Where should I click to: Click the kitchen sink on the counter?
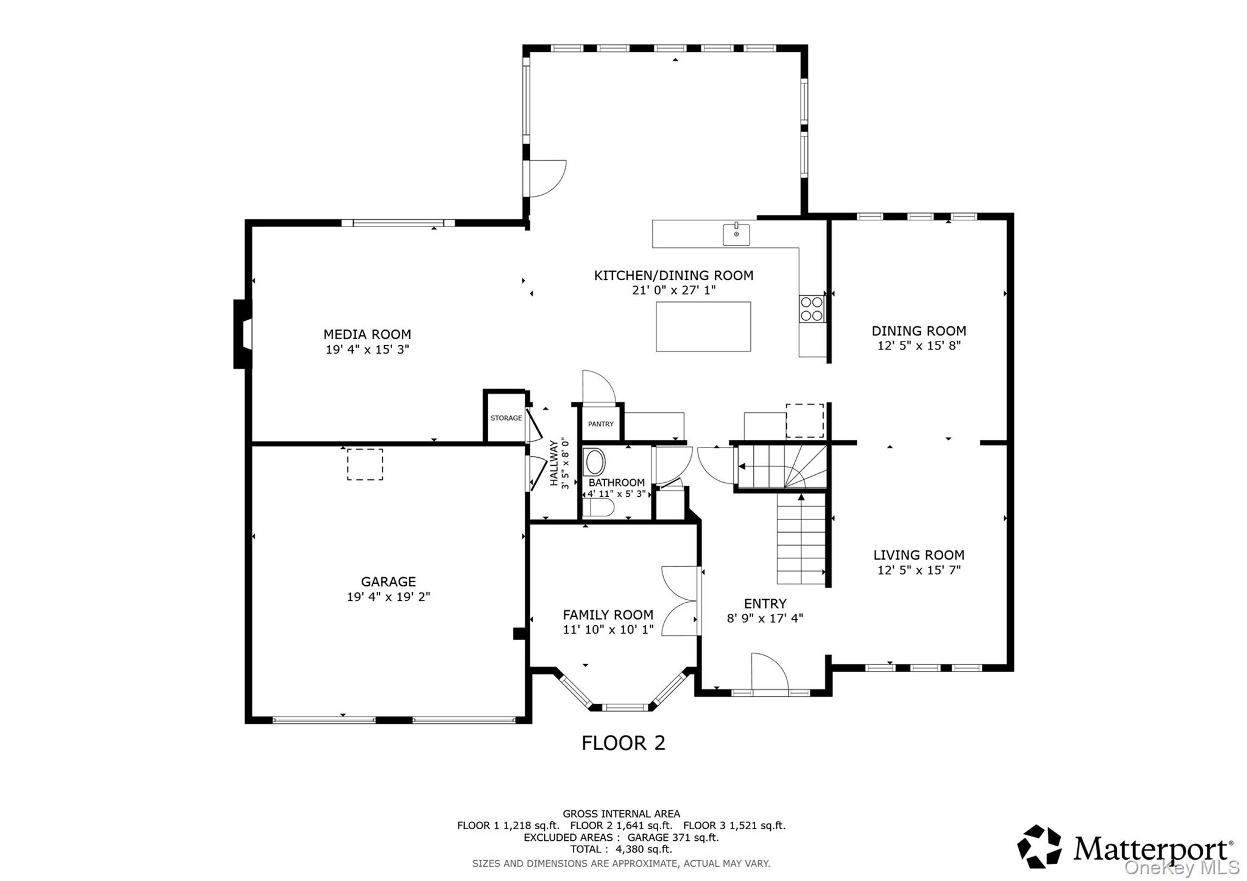pyautogui.click(x=736, y=234)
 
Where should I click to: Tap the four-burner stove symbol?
pyautogui.click(x=811, y=309)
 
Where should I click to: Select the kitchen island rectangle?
pyautogui.click(x=703, y=326)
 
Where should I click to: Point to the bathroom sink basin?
pyautogui.click(x=594, y=462)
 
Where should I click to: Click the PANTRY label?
pyautogui.click(x=600, y=424)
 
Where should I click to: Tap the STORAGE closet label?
pyautogui.click(x=506, y=418)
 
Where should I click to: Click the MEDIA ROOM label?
pyautogui.click(x=367, y=334)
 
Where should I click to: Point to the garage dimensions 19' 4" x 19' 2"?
pyautogui.click(x=388, y=597)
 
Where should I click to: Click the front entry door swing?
pyautogui.click(x=768, y=672)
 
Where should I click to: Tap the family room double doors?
pyautogui.click(x=680, y=601)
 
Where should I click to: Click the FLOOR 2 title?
pyautogui.click(x=623, y=743)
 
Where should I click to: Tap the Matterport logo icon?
pyautogui.click(x=1039, y=846)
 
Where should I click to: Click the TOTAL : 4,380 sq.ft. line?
pyautogui.click(x=620, y=849)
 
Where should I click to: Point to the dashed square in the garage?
pyautogui.click(x=365, y=465)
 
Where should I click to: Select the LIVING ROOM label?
pyautogui.click(x=918, y=555)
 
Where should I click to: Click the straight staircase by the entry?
pyautogui.click(x=801, y=539)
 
